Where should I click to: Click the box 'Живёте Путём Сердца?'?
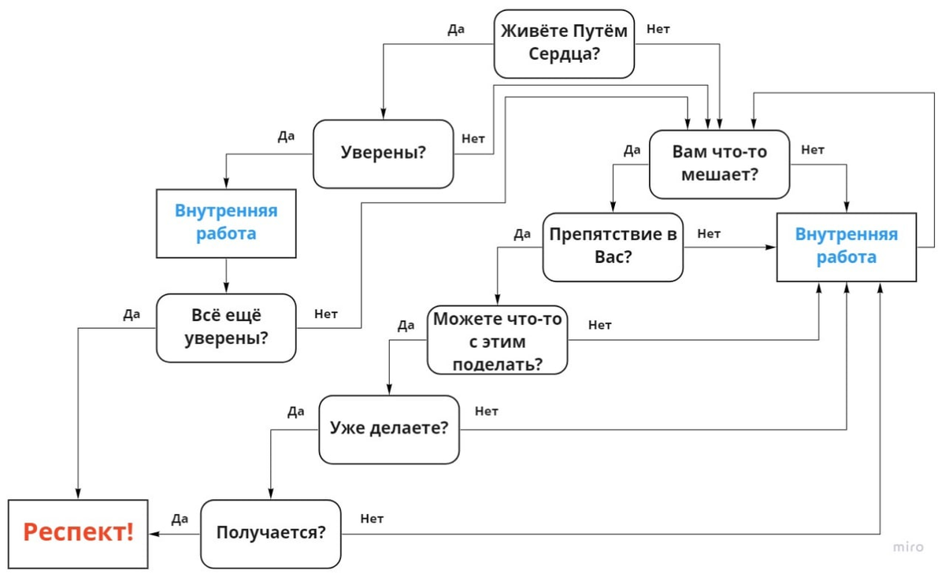(565, 43)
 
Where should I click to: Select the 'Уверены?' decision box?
(384, 153)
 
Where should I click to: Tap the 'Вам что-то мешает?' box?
(719, 164)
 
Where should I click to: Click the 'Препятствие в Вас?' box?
(613, 246)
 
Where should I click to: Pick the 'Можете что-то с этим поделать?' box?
(497, 341)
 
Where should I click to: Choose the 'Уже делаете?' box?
(388, 429)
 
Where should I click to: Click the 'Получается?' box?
(271, 533)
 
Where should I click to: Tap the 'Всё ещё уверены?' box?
(226, 327)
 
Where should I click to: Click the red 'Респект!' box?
(78, 533)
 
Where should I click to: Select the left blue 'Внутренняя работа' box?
(226, 223)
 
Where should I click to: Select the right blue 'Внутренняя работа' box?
(847, 246)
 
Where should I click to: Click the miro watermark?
(907, 546)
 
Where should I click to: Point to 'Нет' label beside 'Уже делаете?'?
(487, 411)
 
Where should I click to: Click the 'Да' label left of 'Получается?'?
(180, 519)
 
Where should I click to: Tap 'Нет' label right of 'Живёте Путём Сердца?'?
(658, 29)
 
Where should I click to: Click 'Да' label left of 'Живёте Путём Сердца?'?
(456, 29)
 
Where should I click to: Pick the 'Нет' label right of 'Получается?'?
(372, 519)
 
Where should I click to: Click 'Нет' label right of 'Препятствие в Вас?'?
(709, 233)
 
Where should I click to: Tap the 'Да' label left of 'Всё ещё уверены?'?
(132, 315)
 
